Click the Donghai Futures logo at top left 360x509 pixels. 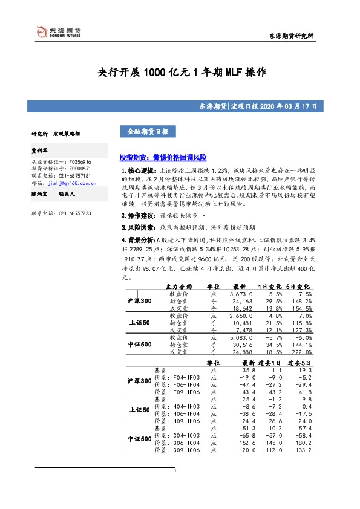(x=57, y=31)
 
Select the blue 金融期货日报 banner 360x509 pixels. (x=148, y=131)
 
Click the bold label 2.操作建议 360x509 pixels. (x=139, y=232)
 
